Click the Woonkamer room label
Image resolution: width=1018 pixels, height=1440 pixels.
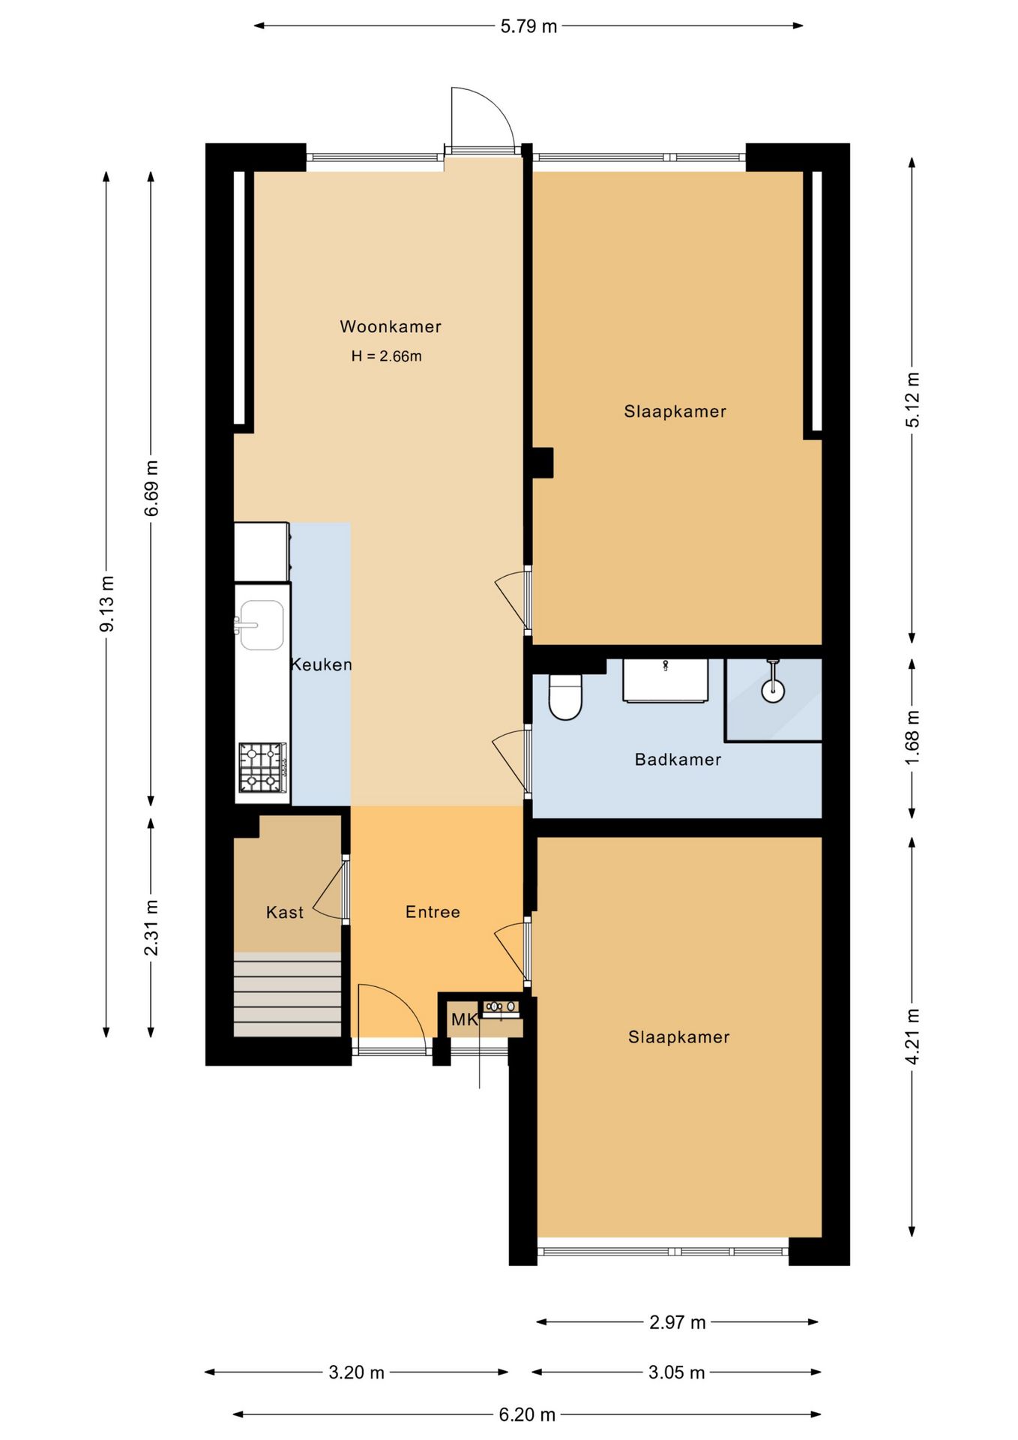[391, 326]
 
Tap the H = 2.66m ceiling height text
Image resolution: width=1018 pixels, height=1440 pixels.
[387, 356]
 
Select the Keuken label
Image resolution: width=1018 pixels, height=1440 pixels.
[321, 664]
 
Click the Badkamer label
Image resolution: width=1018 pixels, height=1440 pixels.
[678, 760]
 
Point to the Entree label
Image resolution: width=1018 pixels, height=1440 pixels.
[433, 912]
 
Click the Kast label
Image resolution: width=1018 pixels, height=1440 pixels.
[285, 913]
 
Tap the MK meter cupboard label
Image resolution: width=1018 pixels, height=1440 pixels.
[464, 1020]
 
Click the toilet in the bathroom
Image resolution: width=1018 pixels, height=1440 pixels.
[565, 696]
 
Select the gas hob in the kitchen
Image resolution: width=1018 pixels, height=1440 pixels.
[262, 767]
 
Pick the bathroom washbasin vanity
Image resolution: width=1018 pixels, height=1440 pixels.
[666, 681]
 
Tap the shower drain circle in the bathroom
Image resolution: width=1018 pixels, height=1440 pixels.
[773, 691]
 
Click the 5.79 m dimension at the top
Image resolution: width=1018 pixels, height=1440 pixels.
[528, 26]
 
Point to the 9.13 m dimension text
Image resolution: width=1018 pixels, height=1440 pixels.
[107, 604]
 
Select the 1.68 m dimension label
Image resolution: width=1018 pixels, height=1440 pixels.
[912, 738]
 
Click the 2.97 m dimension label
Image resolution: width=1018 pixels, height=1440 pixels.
[678, 1321]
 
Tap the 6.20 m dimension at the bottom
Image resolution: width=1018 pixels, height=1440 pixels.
[528, 1414]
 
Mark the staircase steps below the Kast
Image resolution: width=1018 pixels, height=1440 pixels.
[288, 994]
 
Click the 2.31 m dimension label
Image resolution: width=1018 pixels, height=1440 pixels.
[151, 928]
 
